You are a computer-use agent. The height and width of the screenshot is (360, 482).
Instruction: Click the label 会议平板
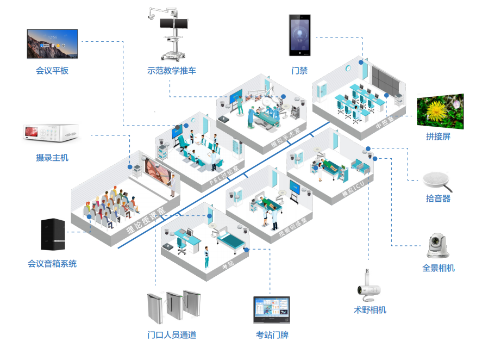click(x=52, y=71)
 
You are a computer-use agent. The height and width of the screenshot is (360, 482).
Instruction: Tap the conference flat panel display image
click(x=53, y=44)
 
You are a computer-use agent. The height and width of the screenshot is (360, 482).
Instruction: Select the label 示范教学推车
click(x=172, y=71)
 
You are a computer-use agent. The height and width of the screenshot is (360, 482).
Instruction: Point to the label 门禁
click(x=299, y=71)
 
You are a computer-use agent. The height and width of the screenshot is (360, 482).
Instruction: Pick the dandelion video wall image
click(x=440, y=112)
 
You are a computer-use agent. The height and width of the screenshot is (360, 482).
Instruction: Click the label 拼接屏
click(x=439, y=137)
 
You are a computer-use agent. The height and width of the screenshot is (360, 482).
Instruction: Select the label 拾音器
click(x=439, y=198)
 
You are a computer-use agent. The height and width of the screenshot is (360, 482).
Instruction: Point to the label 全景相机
click(x=439, y=268)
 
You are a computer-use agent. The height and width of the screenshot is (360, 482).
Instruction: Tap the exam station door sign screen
click(x=272, y=310)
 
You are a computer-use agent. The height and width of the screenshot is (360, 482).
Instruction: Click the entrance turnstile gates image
click(x=171, y=308)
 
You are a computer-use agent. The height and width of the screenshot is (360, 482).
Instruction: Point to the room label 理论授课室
click(x=146, y=220)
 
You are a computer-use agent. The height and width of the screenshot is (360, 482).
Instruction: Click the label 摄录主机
click(x=52, y=158)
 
